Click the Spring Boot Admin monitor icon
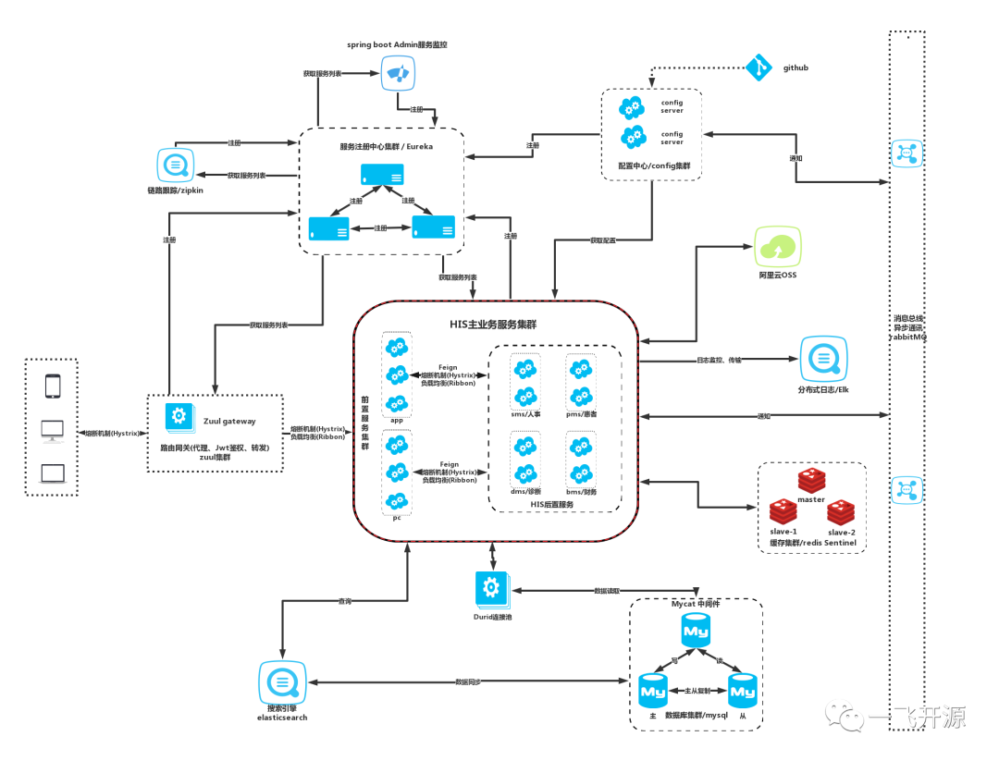(x=399, y=73)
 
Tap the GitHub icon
(x=758, y=67)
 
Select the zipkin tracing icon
(x=175, y=166)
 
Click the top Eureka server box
(x=382, y=174)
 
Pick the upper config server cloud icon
(x=633, y=108)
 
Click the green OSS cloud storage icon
(x=778, y=247)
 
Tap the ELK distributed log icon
(x=823, y=359)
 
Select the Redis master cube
(x=811, y=480)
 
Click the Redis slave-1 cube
(x=783, y=511)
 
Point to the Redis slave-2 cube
(x=841, y=511)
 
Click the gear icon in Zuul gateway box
(x=179, y=416)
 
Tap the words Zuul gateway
(x=228, y=421)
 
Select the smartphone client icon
(x=53, y=386)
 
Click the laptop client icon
(x=53, y=473)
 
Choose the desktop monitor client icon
(x=53, y=430)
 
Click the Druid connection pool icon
(x=492, y=589)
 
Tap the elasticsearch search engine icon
(x=281, y=683)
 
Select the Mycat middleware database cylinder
(x=696, y=632)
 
